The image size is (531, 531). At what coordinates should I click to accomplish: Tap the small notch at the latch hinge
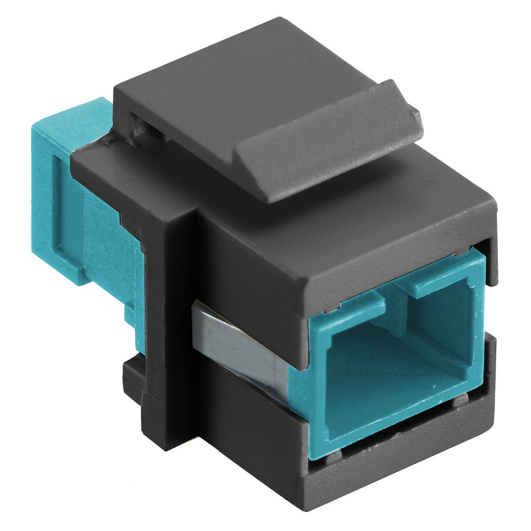pos(137,128)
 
